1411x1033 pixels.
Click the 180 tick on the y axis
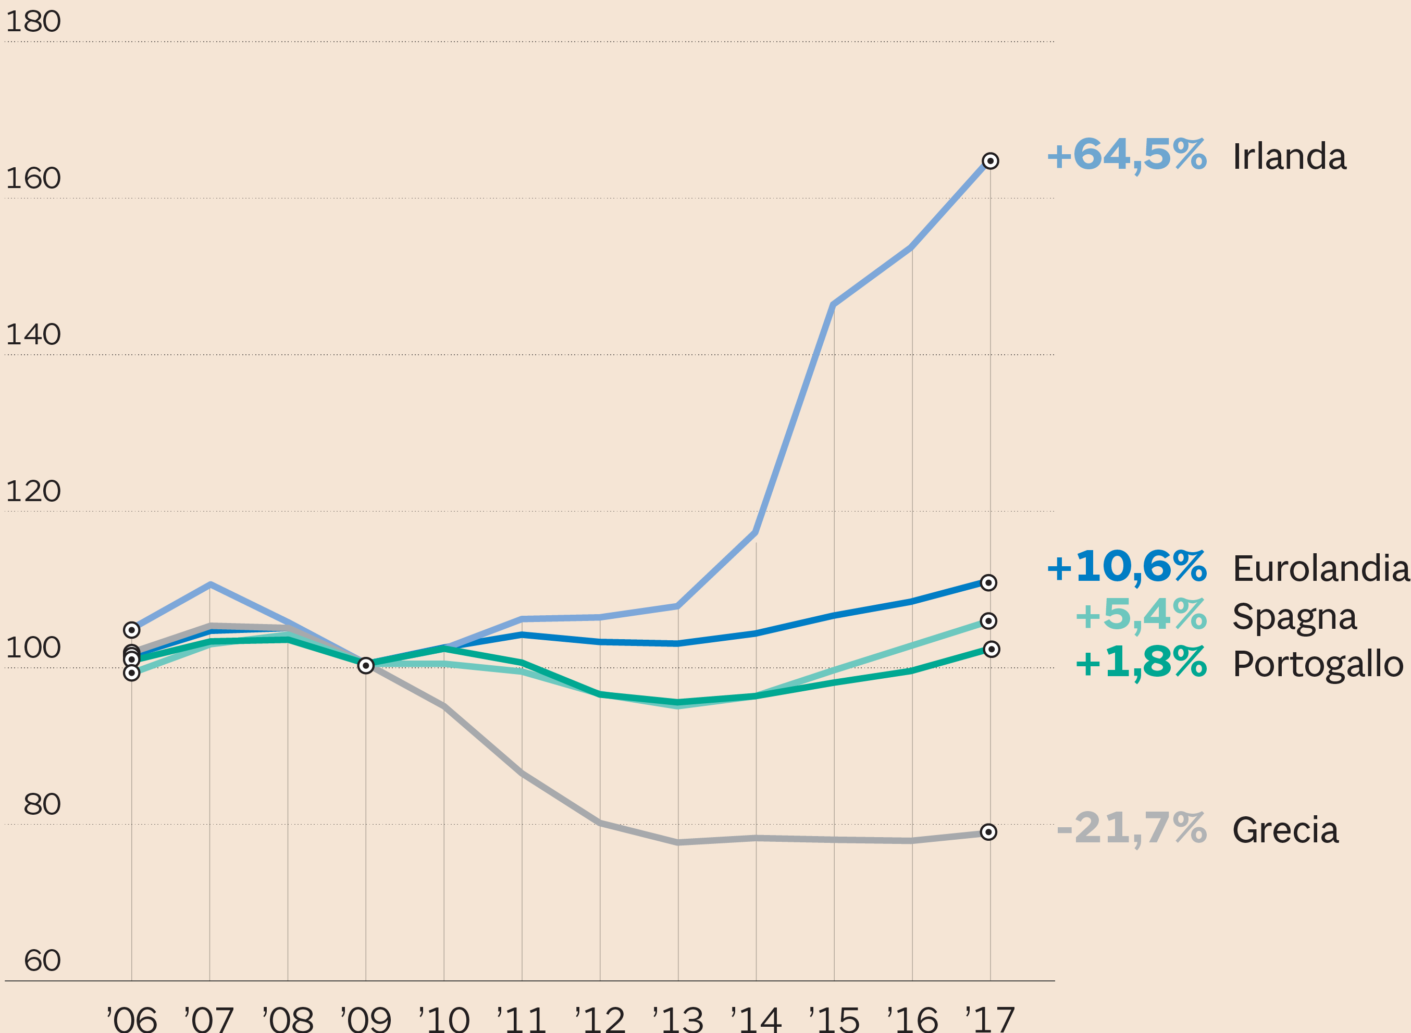(33, 22)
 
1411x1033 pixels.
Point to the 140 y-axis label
(33, 335)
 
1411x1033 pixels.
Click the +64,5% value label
(1127, 155)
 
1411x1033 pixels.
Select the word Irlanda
(1289, 156)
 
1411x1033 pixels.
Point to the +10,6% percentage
(1127, 567)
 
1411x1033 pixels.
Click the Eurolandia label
(1321, 568)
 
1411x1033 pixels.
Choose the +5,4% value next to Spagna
(1141, 615)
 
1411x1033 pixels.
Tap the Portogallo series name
(1318, 664)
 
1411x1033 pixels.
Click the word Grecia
(1285, 830)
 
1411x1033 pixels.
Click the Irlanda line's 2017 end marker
(990, 160)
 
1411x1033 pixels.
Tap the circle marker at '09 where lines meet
(366, 665)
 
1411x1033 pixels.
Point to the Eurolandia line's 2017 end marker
(988, 583)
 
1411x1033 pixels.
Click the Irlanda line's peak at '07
(210, 584)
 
